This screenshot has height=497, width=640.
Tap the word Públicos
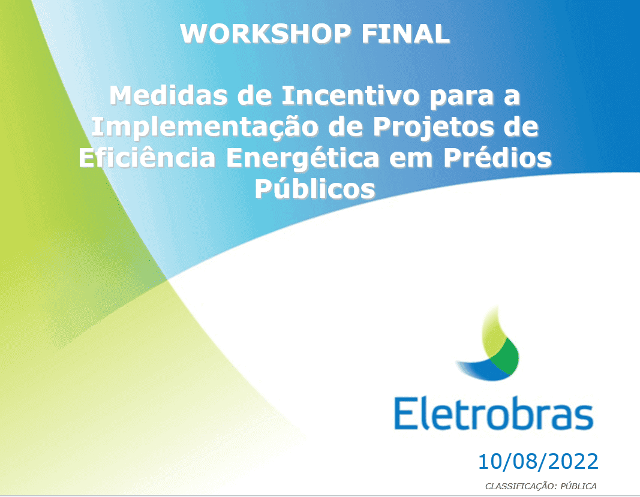click(x=315, y=189)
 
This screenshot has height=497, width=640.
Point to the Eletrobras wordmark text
click(x=493, y=413)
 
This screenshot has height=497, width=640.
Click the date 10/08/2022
click(x=537, y=462)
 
